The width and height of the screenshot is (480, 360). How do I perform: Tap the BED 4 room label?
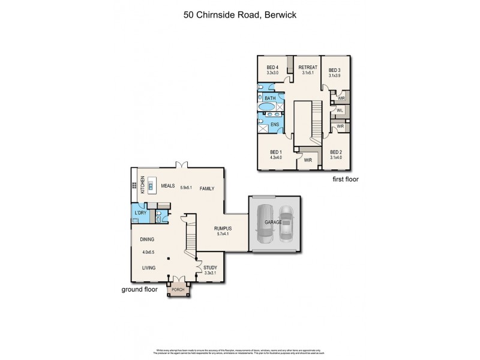[272, 67]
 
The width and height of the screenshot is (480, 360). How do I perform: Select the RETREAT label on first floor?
[308, 67]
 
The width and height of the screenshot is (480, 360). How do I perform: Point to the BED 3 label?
[335, 70]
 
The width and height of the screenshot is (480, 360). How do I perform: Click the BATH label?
[270, 98]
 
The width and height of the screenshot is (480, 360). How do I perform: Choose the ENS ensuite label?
[275, 124]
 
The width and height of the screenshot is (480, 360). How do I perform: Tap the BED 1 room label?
[275, 152]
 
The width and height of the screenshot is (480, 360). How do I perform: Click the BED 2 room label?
[335, 152]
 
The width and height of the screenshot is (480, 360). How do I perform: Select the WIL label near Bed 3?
[340, 111]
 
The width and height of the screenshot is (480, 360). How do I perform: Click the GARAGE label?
[273, 222]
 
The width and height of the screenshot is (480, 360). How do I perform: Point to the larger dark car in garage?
[264, 225]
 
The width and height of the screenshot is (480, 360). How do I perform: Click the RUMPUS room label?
[223, 229]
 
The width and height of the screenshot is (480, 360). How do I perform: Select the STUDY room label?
[210, 268]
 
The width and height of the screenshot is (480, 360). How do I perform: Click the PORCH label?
[179, 290]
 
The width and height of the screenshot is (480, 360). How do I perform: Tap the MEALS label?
[167, 187]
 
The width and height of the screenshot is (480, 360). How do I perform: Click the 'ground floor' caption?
[139, 289]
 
